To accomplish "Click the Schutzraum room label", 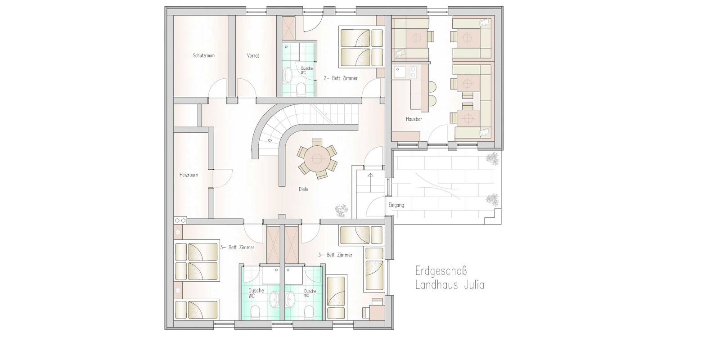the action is coord(203,56).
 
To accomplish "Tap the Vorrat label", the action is coord(253,56).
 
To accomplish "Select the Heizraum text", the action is coord(189,175).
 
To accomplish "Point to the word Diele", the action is coord(303,189).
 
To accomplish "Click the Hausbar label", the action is coord(414,119).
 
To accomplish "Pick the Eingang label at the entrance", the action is coord(396,205).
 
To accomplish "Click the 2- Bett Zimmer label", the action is coord(340,78).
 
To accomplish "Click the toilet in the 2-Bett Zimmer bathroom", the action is coord(301,89).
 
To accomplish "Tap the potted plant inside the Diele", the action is coord(342,211).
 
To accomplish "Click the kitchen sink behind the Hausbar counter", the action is coord(400,72).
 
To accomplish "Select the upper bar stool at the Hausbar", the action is coord(432,86).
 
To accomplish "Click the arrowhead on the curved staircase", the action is coord(270,140).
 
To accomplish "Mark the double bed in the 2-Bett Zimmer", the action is coord(361,48).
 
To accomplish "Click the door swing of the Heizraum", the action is coord(223,178).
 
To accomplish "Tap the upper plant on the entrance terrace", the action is coord(492,159).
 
